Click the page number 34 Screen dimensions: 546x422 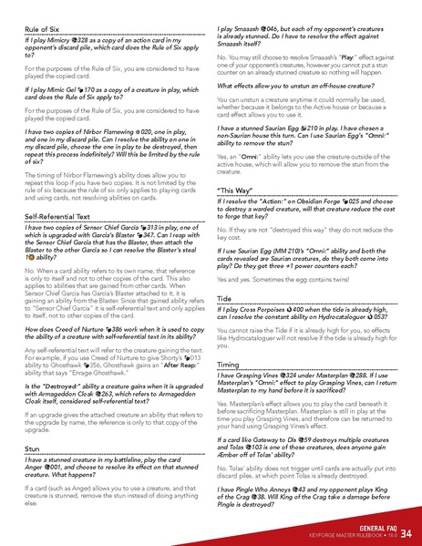coord(406,532)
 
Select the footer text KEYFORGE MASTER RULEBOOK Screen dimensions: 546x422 coord(348,536)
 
